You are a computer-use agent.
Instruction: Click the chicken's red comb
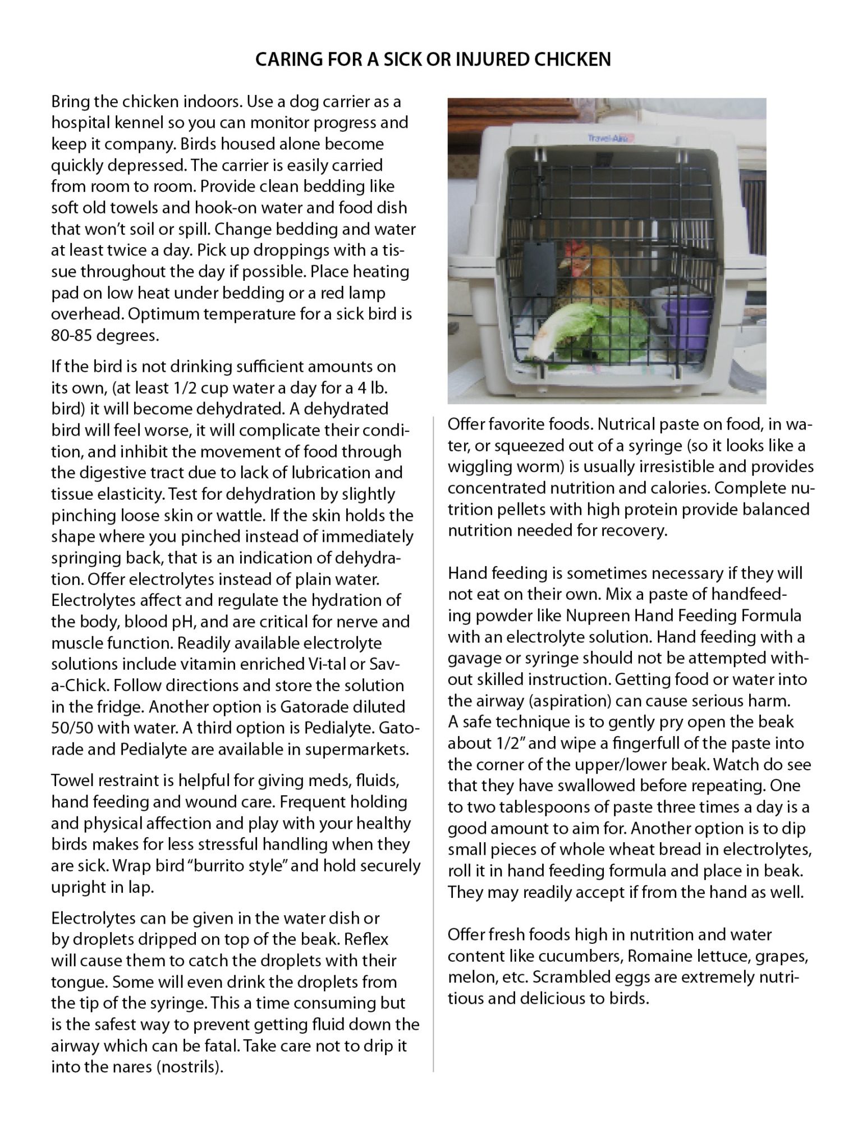(x=573, y=248)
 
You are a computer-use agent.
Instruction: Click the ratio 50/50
(x=71, y=728)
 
